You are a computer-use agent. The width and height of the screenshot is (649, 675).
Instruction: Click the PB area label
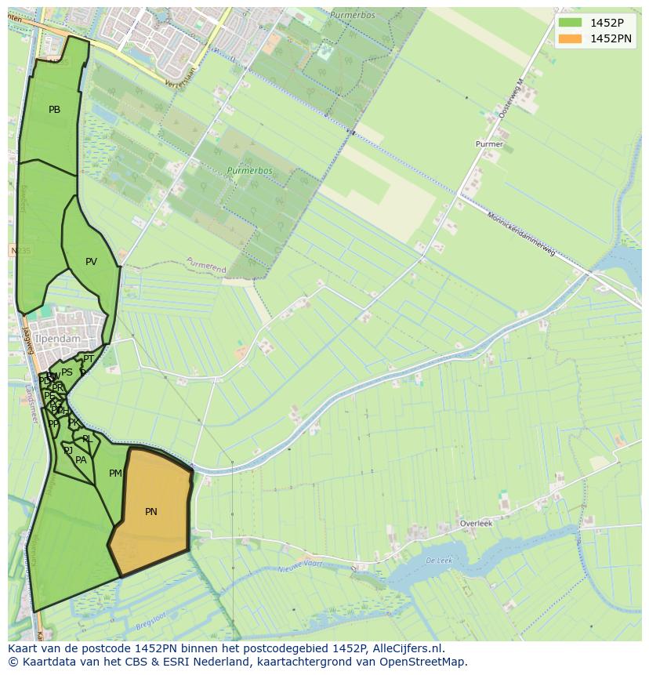pyautogui.click(x=54, y=110)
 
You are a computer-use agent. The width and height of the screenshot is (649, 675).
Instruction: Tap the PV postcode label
pyautogui.click(x=91, y=262)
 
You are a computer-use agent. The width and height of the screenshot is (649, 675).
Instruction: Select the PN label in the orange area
pyautogui.click(x=151, y=512)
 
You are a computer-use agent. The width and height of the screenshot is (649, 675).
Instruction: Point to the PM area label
pyautogui.click(x=115, y=474)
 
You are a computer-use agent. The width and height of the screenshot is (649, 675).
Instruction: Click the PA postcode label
pyautogui.click(x=81, y=460)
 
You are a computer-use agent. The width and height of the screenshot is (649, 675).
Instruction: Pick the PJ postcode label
pyautogui.click(x=68, y=450)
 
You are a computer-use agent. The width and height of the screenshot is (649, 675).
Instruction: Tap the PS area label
pyautogui.click(x=67, y=372)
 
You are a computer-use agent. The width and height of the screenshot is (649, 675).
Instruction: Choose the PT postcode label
pyautogui.click(x=89, y=359)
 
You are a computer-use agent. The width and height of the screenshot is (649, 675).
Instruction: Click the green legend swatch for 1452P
pyautogui.click(x=571, y=23)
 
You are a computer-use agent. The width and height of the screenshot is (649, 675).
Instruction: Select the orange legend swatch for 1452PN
pyautogui.click(x=571, y=38)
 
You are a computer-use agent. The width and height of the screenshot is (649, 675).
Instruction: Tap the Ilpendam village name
pyautogui.click(x=57, y=339)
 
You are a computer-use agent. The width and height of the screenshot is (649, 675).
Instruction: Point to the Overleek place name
pyautogui.click(x=476, y=524)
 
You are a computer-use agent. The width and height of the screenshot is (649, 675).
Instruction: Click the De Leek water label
pyautogui.click(x=439, y=561)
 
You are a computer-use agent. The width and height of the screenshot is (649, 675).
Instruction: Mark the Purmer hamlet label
pyautogui.click(x=489, y=144)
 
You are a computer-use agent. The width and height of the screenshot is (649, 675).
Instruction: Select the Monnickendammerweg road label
pyautogui.click(x=521, y=234)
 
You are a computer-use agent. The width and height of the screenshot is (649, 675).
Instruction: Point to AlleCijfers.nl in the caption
pyautogui.click(x=407, y=649)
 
